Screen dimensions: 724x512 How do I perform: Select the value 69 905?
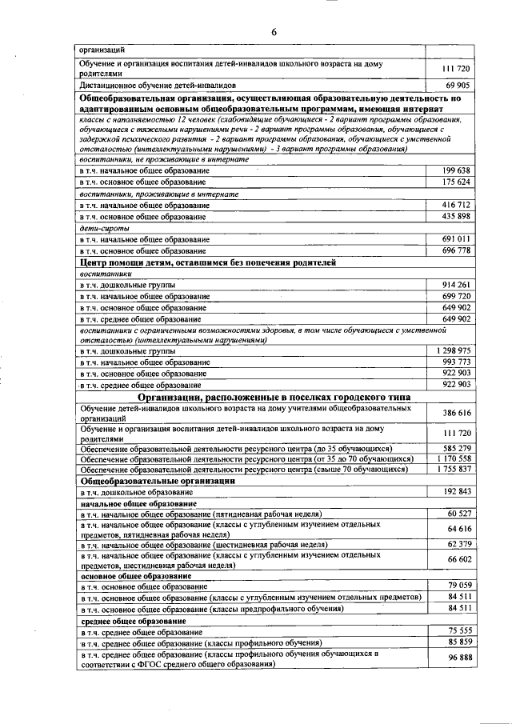pos(456,84)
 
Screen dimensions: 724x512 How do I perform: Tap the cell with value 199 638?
pos(456,171)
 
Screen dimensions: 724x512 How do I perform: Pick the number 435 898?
pos(456,217)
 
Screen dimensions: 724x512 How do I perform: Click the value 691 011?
pos(456,239)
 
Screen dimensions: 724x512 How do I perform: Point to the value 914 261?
pos(456,285)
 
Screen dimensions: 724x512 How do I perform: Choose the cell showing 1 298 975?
pos(454,351)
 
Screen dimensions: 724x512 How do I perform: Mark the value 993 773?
pos(456,362)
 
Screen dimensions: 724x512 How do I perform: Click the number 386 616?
pos(456,413)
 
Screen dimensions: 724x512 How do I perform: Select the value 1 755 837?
pos(454,470)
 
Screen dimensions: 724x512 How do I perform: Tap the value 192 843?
pos(456,491)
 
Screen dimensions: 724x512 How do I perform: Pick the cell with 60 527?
pos(458,513)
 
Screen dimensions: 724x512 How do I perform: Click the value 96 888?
pos(458,658)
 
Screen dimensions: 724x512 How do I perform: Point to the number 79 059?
pos(458,586)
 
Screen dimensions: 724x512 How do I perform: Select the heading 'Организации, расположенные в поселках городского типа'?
pos(274,397)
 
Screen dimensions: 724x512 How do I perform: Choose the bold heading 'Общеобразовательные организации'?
pos(157,481)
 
